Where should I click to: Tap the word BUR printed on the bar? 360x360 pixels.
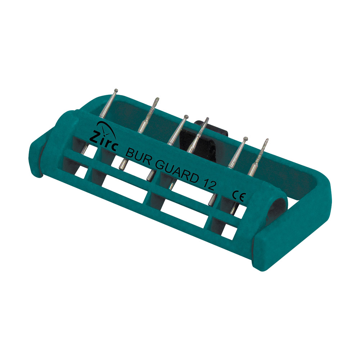tap(138, 157)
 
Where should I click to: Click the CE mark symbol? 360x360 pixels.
tap(239, 196)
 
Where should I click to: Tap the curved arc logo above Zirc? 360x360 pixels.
tap(107, 128)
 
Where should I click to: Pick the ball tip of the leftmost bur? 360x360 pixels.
tap(116, 90)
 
